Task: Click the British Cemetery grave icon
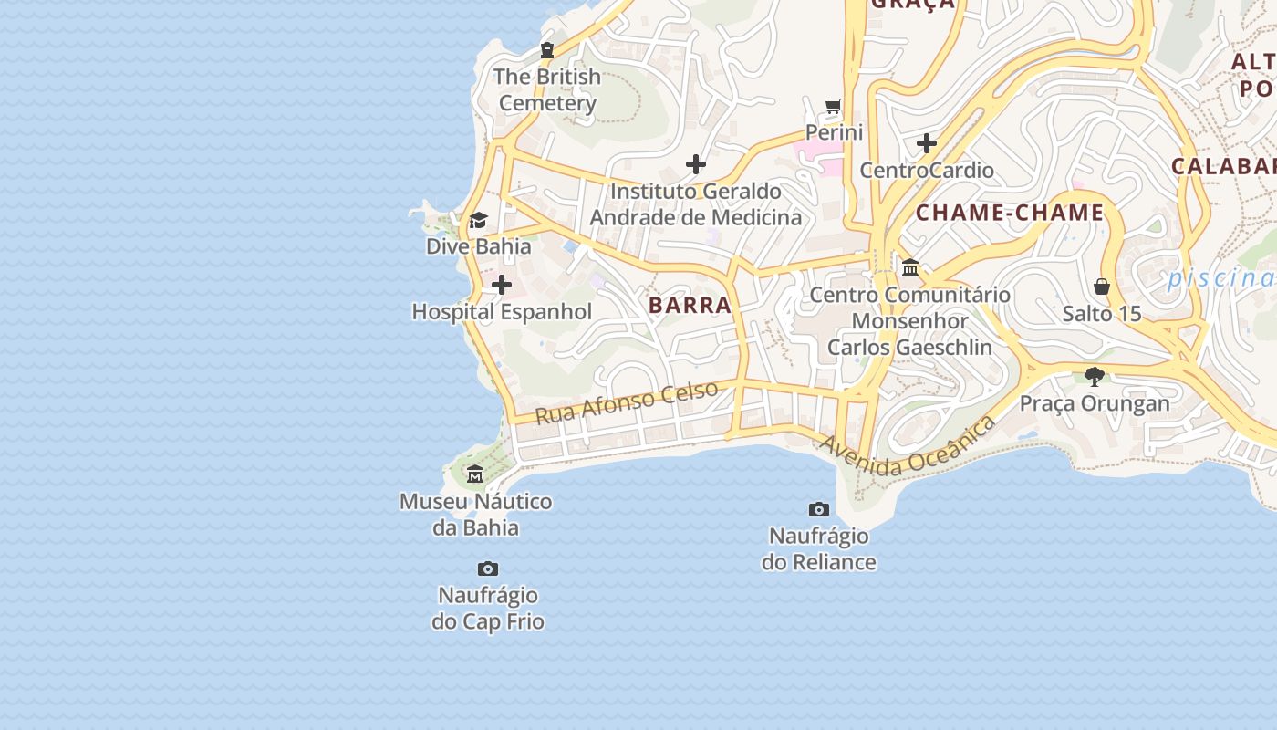(x=547, y=50)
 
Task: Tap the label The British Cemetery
(x=547, y=89)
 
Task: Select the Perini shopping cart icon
(x=833, y=107)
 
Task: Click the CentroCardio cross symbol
(x=927, y=143)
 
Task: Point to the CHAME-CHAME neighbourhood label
(x=1010, y=214)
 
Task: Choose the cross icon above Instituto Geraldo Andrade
(x=696, y=164)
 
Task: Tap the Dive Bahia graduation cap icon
(x=478, y=220)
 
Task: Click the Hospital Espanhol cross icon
(x=502, y=286)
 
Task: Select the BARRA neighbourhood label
(x=690, y=306)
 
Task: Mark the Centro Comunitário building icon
(x=910, y=268)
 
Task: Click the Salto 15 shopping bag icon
(x=1102, y=287)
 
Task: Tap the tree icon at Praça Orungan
(x=1095, y=376)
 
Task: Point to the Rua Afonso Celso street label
(x=627, y=402)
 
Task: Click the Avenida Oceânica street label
(x=908, y=447)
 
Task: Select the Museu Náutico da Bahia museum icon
(x=475, y=474)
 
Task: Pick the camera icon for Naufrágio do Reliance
(x=819, y=509)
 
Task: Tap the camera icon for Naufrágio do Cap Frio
(x=488, y=569)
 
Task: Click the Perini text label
(x=834, y=132)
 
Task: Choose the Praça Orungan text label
(x=1095, y=403)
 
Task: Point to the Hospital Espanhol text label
(x=502, y=312)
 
